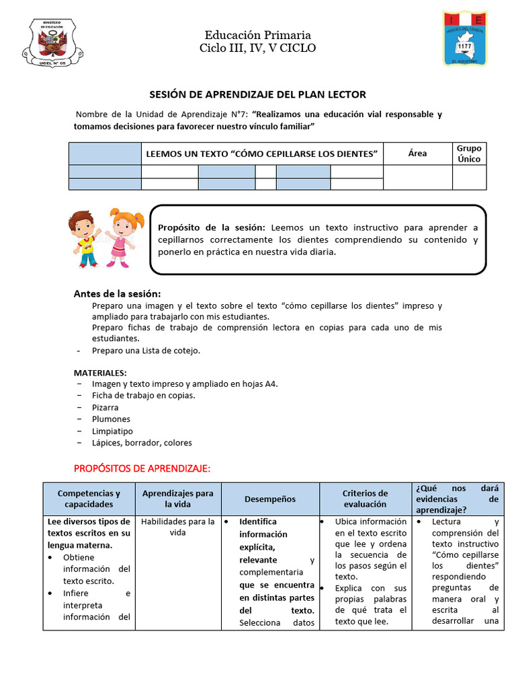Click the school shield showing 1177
pos(465,39)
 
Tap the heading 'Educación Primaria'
pos(257,35)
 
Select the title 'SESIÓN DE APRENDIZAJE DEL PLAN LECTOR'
pos(257,95)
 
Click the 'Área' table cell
pos(417,153)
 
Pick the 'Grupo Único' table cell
pos(469,153)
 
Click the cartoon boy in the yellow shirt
pos(84,238)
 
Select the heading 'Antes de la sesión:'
pos(117,293)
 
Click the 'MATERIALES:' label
pos(100,372)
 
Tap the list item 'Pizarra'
pos(105,407)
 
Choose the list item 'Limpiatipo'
pos(112,431)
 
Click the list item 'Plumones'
pos(111,419)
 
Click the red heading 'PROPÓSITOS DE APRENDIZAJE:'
pos(142,468)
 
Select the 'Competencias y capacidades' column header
pos(89,499)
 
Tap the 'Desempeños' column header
pos(269,499)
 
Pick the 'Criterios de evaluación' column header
pos(365,499)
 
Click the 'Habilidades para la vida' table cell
pos(177,527)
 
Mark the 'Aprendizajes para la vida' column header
pos(177,499)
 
